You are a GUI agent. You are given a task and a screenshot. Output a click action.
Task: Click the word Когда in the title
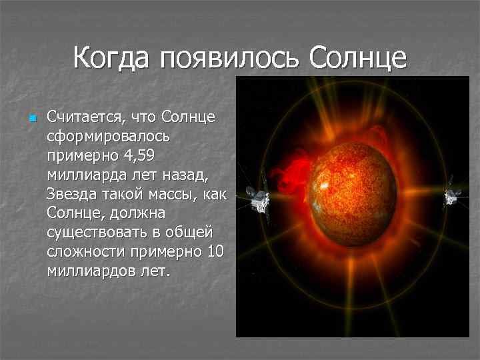pyautogui.click(x=111, y=57)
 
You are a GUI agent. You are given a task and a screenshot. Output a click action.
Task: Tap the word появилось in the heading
pyautogui.click(x=229, y=59)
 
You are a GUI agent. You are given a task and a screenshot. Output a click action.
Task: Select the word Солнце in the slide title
pyautogui.click(x=358, y=58)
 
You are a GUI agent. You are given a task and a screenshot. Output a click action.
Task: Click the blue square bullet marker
pyautogui.click(x=33, y=118)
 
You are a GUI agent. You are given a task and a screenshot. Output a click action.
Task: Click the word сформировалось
pyautogui.click(x=108, y=137)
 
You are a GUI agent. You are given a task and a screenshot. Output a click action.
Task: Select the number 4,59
pyautogui.click(x=139, y=155)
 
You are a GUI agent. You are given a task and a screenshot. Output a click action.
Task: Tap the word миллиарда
pyautogui.click(x=87, y=175)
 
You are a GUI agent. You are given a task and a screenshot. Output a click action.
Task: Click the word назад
pyautogui.click(x=185, y=175)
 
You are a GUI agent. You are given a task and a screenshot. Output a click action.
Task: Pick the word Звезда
pyautogui.click(x=71, y=194)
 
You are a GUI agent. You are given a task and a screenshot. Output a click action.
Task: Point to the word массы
pyautogui.click(x=173, y=195)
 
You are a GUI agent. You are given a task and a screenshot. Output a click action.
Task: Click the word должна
pyautogui.click(x=137, y=213)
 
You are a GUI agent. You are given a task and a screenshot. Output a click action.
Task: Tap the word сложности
pyautogui.click(x=86, y=252)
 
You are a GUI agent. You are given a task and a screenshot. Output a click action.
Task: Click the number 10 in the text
pyautogui.click(x=216, y=251)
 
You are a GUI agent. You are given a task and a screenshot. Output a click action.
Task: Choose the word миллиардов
pyautogui.click(x=91, y=271)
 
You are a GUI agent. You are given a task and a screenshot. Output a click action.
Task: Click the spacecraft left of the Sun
pyautogui.click(x=257, y=199)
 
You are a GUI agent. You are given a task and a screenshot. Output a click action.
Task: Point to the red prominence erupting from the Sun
pyautogui.click(x=293, y=175)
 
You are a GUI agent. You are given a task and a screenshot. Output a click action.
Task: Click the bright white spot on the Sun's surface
pyautogui.click(x=324, y=185)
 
